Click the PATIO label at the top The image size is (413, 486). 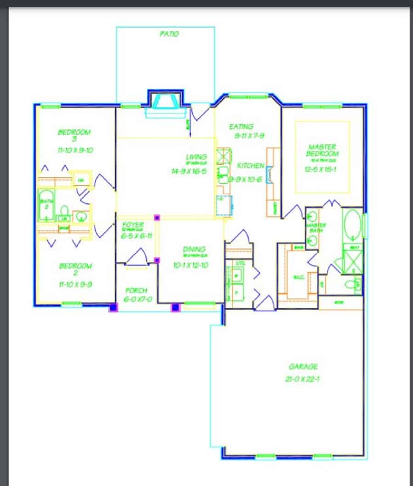coord(169,34)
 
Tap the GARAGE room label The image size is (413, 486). coord(303,366)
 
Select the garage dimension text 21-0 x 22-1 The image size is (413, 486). coord(302,379)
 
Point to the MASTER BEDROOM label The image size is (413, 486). coord(322,150)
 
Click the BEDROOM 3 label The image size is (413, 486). coord(74,136)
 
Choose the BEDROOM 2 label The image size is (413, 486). coord(75,269)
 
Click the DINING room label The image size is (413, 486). coord(195,249)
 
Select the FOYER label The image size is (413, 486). coord(133,225)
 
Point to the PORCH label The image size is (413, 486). coord(137,290)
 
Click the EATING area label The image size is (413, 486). coord(241,126)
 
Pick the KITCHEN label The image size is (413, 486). coord(251,165)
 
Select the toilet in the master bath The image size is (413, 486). coord(354,284)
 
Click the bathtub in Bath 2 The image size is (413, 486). coord(46,205)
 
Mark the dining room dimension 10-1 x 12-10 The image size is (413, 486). coord(195,265)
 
